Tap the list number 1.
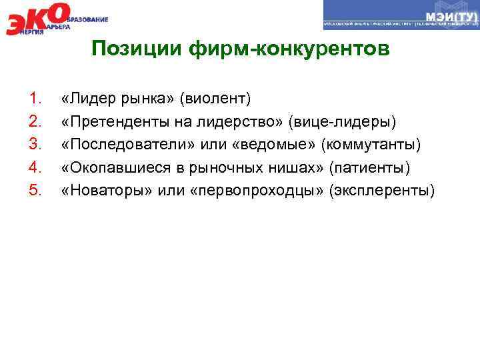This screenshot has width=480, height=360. pos(36,100)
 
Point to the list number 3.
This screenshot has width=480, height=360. pos(36,146)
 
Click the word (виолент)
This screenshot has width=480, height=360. pos(219,100)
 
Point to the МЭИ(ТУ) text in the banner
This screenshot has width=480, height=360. pos(449,15)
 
